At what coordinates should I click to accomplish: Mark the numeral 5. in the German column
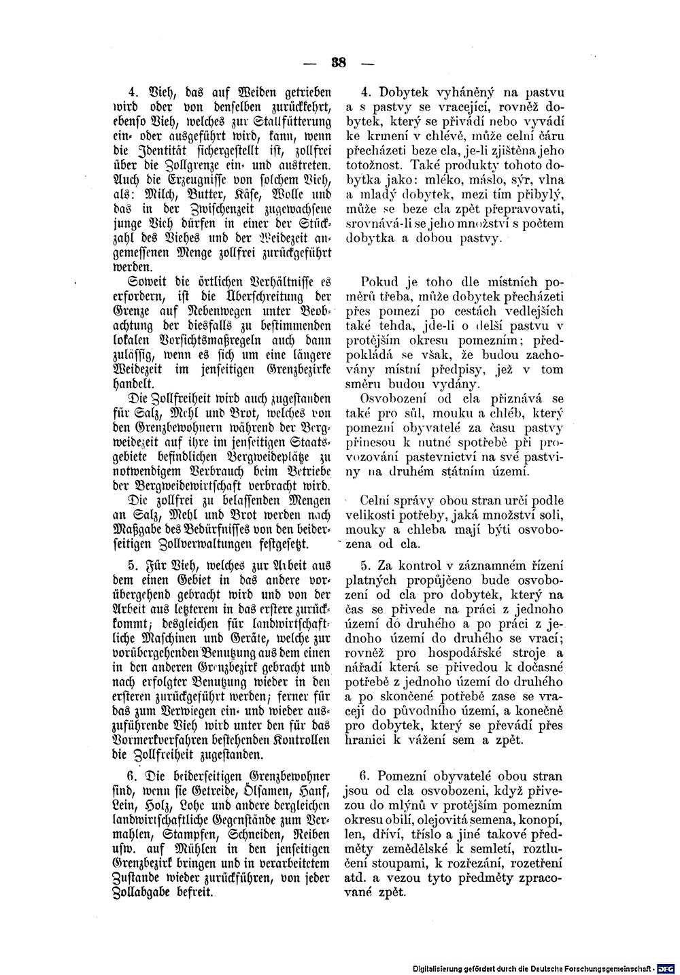pos(133,563)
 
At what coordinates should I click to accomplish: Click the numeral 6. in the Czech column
pos(364,774)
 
